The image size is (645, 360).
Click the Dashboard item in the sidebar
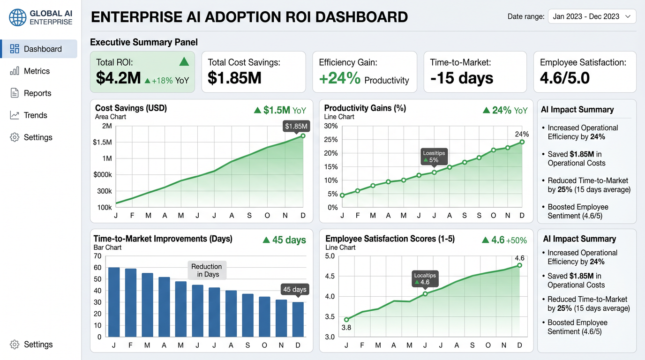click(39, 49)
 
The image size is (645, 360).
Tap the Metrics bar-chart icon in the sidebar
click(15, 71)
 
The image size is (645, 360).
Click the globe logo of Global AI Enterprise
click(17, 17)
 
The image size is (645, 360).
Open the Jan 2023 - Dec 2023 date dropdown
click(592, 16)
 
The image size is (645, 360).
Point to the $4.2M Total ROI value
click(118, 78)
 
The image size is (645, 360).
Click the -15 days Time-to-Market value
click(462, 78)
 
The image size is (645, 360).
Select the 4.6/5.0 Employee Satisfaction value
click(565, 78)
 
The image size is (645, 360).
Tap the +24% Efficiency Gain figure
click(340, 78)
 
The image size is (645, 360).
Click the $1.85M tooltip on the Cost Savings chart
click(296, 127)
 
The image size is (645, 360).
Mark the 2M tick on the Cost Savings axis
click(107, 126)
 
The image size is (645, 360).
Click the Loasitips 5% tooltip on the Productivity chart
click(434, 157)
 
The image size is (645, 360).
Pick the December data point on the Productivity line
click(522, 142)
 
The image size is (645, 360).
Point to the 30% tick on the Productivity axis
click(331, 126)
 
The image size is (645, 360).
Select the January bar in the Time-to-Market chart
click(114, 302)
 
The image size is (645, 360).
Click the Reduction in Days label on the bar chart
click(207, 270)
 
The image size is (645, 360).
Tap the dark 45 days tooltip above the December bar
click(295, 290)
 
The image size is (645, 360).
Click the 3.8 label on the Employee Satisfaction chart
click(346, 328)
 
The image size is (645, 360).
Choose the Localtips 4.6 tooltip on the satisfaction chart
click(425, 279)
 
